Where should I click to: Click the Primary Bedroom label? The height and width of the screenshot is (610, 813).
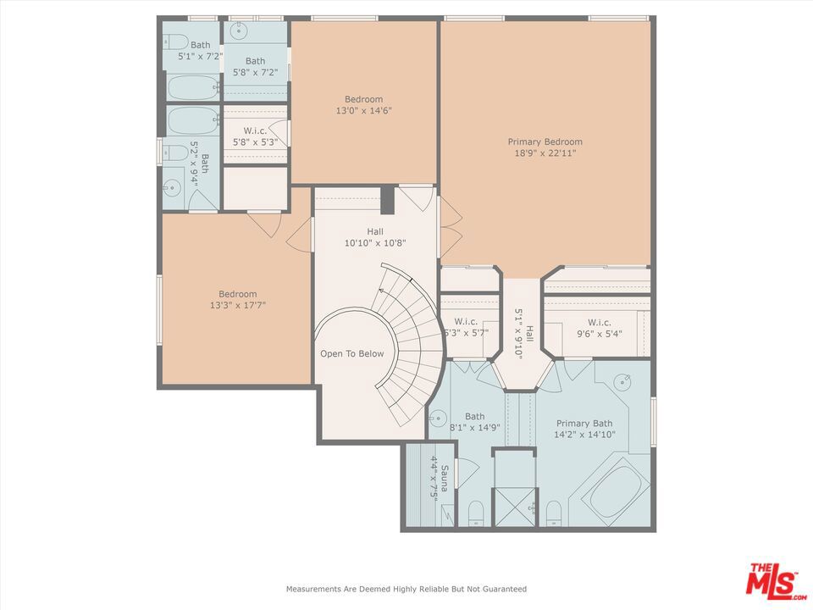(x=545, y=141)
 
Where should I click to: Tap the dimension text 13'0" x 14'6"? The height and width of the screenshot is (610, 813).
(x=363, y=110)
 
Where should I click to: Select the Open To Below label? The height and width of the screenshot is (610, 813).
(x=352, y=354)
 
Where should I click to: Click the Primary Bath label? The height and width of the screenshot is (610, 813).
(x=584, y=424)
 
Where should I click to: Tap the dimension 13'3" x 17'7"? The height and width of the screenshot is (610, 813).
(x=237, y=306)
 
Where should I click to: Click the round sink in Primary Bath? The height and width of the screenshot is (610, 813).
(x=622, y=382)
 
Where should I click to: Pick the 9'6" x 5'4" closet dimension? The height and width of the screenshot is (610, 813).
(x=600, y=334)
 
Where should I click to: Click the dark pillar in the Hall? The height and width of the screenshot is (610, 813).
(x=388, y=200)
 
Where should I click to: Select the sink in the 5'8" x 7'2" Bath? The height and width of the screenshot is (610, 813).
(x=239, y=31)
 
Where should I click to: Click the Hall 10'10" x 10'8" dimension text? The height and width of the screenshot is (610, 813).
(x=375, y=243)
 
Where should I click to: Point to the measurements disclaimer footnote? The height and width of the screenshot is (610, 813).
(x=406, y=589)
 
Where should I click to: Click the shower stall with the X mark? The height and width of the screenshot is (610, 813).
(x=514, y=507)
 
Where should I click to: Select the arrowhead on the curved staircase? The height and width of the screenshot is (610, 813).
(x=382, y=291)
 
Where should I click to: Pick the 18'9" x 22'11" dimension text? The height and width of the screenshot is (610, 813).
(x=545, y=153)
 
